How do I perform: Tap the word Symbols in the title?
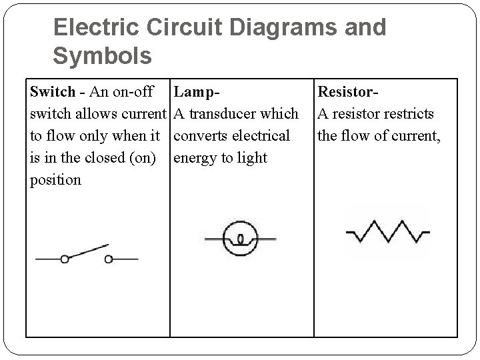coord(102,56)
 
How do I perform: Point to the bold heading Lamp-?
coord(197,91)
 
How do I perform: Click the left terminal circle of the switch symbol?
coord(64,259)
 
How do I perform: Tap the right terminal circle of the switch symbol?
coord(108,259)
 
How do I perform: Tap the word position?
coord(56,180)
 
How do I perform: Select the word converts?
coord(201,135)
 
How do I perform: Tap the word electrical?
coord(261,135)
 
